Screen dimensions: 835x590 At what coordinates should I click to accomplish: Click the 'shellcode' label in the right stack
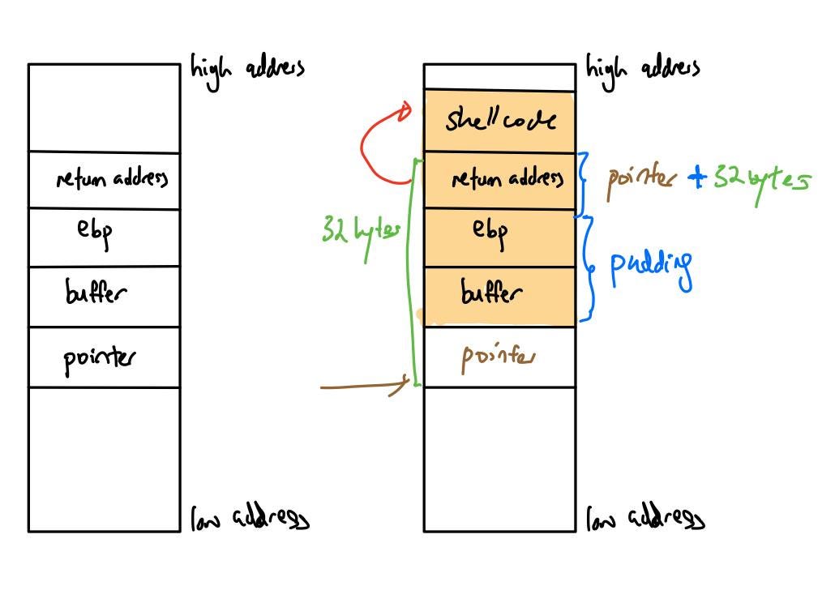click(x=500, y=119)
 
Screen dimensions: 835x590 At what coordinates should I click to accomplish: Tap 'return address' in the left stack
click(x=112, y=178)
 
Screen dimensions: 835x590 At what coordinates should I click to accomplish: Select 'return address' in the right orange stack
click(x=507, y=178)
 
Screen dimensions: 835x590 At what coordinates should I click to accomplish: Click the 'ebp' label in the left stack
click(x=95, y=232)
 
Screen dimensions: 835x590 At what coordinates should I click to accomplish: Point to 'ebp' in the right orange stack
click(x=490, y=232)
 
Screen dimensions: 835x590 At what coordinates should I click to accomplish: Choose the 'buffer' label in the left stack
click(x=96, y=291)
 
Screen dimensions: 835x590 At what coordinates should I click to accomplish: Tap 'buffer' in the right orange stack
click(x=491, y=291)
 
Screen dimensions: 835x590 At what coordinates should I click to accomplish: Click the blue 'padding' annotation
click(x=651, y=267)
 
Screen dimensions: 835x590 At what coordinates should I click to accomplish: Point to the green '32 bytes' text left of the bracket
click(x=361, y=233)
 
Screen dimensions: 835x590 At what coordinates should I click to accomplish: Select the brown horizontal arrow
click(x=365, y=386)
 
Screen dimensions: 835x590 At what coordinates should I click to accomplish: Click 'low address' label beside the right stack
click(x=645, y=518)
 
